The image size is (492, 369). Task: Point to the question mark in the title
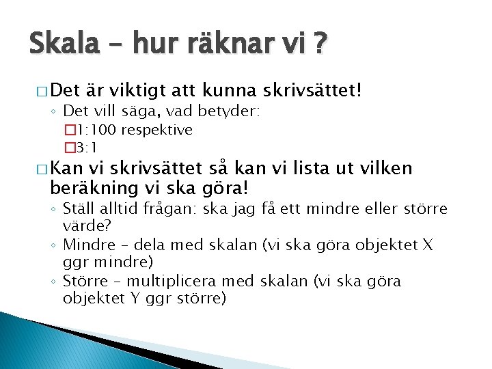[x=319, y=46]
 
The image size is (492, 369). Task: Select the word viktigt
[x=135, y=90]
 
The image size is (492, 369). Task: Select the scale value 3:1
[x=87, y=147]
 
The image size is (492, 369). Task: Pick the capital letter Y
[x=122, y=299]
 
